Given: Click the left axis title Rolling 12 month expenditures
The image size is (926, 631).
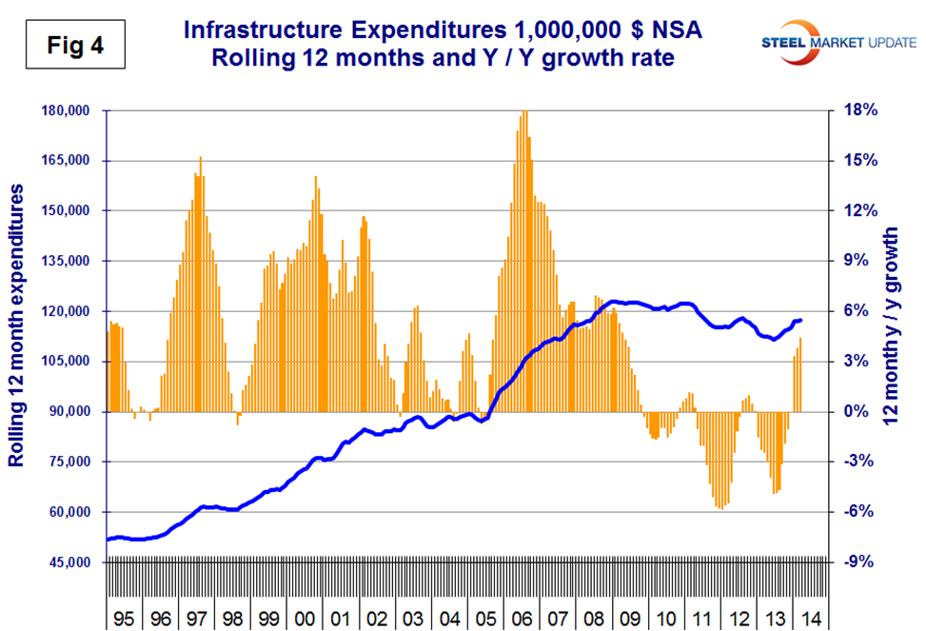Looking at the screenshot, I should pyautogui.click(x=17, y=326).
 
